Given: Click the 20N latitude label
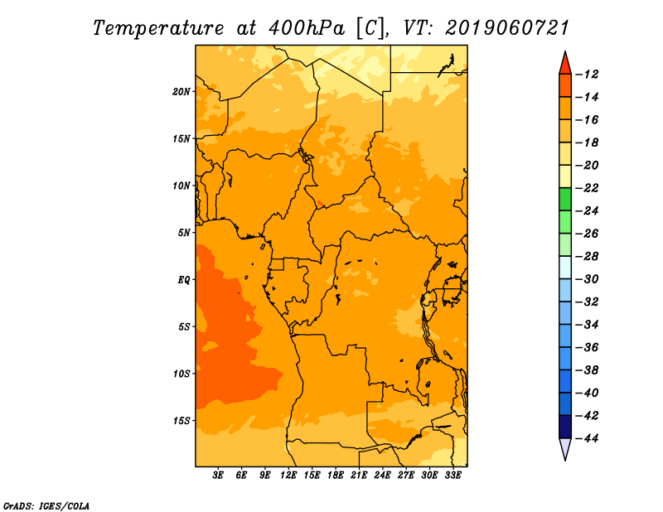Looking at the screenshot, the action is pyautogui.click(x=181, y=92).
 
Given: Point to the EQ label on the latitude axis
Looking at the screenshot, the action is pyautogui.click(x=183, y=280).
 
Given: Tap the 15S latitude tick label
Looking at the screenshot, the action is pyautogui.click(x=181, y=421).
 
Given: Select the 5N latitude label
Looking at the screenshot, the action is pyautogui.click(x=184, y=233).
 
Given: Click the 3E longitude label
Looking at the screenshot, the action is pyautogui.click(x=218, y=476).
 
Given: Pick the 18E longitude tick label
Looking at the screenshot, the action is pyautogui.click(x=336, y=476).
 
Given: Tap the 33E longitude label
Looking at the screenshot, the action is pyautogui.click(x=452, y=476).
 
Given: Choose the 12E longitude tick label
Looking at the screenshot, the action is pyautogui.click(x=288, y=476).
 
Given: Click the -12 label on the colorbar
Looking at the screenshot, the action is pyautogui.click(x=588, y=75).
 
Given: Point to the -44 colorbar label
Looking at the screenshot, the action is pyautogui.click(x=588, y=438).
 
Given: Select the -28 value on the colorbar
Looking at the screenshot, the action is pyautogui.click(x=588, y=256).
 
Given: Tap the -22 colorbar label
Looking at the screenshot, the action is pyautogui.click(x=588, y=188).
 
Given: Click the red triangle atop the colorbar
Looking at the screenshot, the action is pyautogui.click(x=565, y=65).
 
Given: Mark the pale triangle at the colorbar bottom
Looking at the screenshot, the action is pyautogui.click(x=565, y=447).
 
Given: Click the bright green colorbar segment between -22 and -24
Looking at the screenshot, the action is pyautogui.click(x=565, y=199).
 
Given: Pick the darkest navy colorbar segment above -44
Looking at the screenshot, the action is pyautogui.click(x=565, y=427).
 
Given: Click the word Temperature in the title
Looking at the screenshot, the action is pyautogui.click(x=158, y=29).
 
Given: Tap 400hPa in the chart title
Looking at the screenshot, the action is pyautogui.click(x=306, y=29).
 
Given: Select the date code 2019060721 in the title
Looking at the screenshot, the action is pyautogui.click(x=507, y=28).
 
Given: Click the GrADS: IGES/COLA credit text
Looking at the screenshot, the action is pyautogui.click(x=46, y=505).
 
